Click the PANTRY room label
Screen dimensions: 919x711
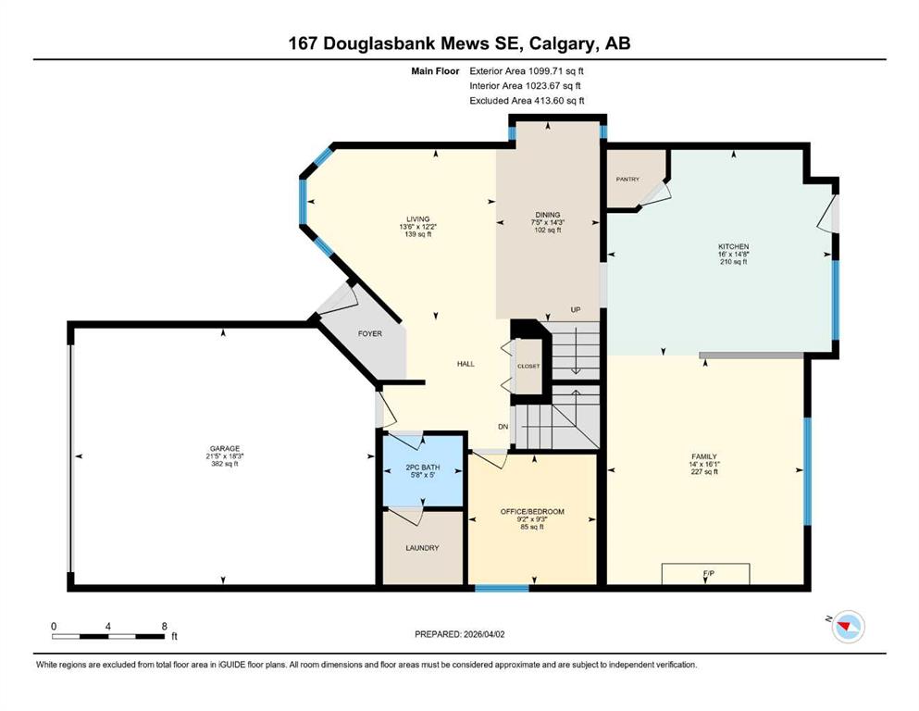pyautogui.click(x=627, y=180)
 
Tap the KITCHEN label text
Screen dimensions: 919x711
pyautogui.click(x=733, y=247)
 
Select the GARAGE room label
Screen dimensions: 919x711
pyautogui.click(x=225, y=448)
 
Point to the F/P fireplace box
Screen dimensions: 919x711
pyautogui.click(x=705, y=574)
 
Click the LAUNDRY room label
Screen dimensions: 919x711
pyautogui.click(x=422, y=548)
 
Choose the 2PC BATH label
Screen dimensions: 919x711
pyautogui.click(x=423, y=468)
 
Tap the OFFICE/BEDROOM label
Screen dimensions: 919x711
pyautogui.click(x=532, y=512)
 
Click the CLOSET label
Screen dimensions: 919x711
pyautogui.click(x=528, y=367)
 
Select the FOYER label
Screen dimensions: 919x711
pyautogui.click(x=370, y=333)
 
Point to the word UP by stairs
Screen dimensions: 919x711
pyautogui.click(x=576, y=309)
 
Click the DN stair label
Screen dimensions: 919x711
pyautogui.click(x=503, y=427)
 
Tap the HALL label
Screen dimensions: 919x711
pyautogui.click(x=466, y=364)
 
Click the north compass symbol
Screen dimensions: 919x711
pyautogui.click(x=848, y=626)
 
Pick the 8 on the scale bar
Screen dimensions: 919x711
pyautogui.click(x=164, y=626)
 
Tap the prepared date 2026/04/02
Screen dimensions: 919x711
pyautogui.click(x=484, y=634)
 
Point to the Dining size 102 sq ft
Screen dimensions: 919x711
pyautogui.click(x=547, y=231)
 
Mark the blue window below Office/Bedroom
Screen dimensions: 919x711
pyautogui.click(x=502, y=588)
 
